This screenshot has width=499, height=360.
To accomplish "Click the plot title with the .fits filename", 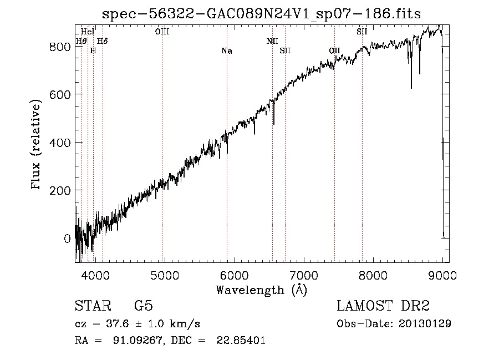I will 262,14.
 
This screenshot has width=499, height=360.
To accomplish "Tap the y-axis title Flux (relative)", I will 37,145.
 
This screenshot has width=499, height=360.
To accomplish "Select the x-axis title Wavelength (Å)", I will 261,290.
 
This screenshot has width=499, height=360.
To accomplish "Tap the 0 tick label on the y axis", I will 67,238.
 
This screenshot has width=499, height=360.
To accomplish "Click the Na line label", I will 227,51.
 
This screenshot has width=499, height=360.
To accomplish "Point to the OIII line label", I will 162,32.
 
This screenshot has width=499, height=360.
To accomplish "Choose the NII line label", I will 272,41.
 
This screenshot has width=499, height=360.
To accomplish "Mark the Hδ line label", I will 103,41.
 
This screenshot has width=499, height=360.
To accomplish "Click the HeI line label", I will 88,32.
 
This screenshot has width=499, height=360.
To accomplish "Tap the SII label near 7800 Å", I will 362,32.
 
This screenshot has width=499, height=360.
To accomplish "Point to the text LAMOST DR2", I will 383,306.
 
